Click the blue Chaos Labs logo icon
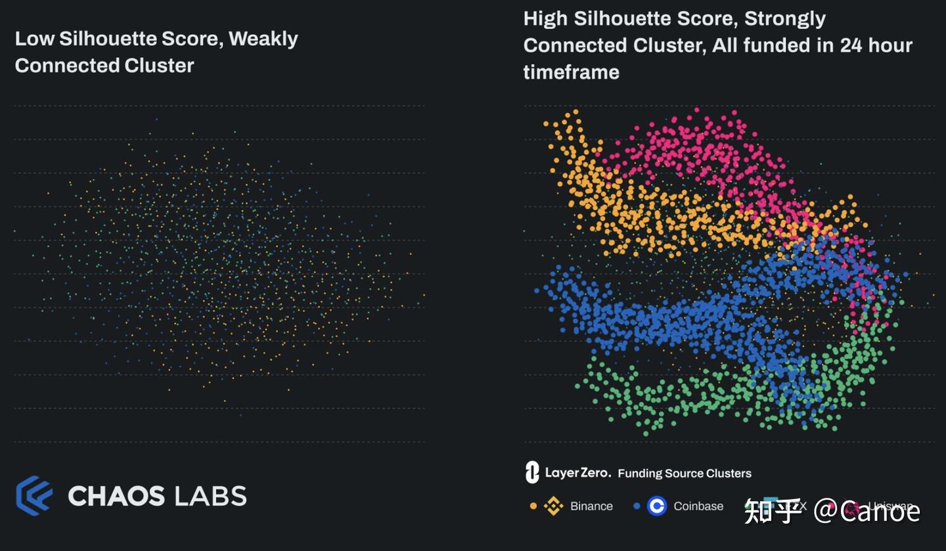[34, 495]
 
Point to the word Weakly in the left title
[263, 39]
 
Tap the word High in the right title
[545, 18]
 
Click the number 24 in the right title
[853, 45]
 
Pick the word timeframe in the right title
[571, 72]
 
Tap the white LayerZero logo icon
[532, 472]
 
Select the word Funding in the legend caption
[640, 474]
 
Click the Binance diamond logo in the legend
[553, 506]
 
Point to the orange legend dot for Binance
[533, 506]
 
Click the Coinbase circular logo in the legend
[656, 506]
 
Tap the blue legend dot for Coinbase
[636, 506]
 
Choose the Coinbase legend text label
[698, 506]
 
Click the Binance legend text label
[591, 506]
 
